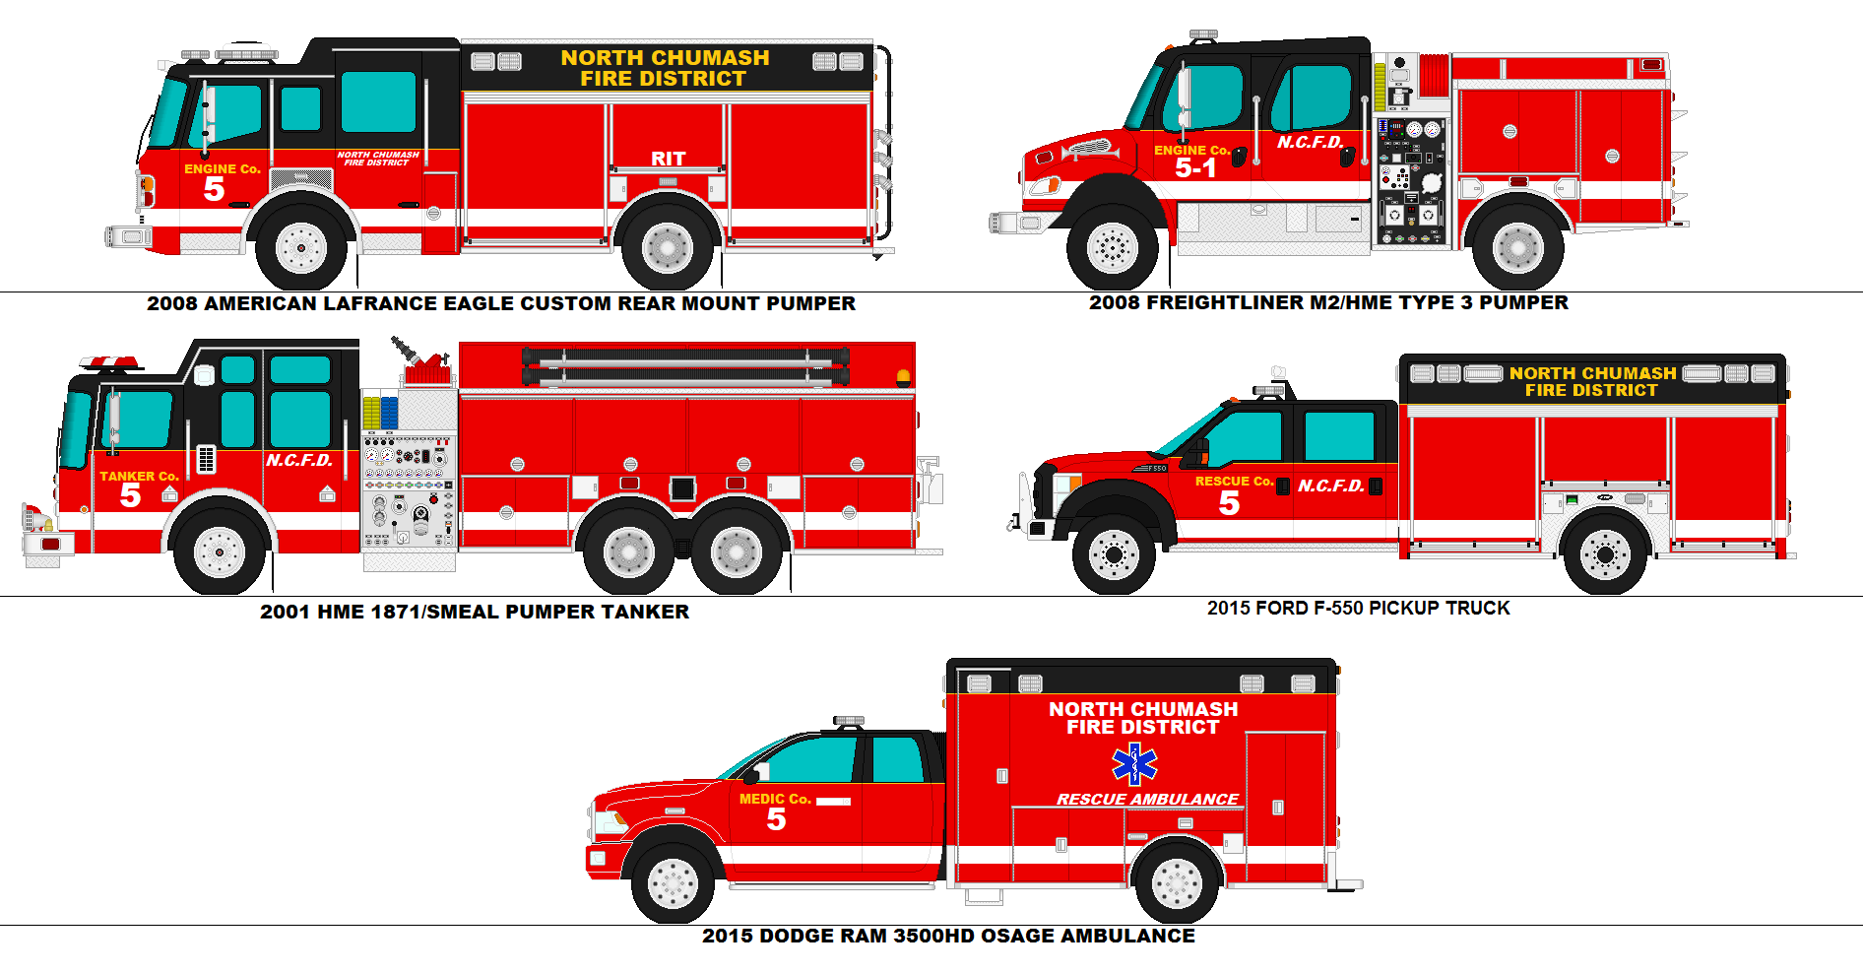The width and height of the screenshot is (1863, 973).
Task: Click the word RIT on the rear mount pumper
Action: pyautogui.click(x=668, y=159)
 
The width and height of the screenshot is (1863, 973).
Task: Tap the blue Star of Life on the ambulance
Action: pyautogui.click(x=1134, y=763)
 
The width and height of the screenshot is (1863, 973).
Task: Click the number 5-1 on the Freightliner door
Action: pyautogui.click(x=1195, y=168)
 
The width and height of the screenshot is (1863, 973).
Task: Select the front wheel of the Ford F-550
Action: pyautogui.click(x=1114, y=554)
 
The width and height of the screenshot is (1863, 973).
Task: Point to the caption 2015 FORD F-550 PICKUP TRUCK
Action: pyautogui.click(x=1358, y=609)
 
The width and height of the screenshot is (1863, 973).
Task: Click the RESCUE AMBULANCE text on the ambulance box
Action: pyautogui.click(x=1147, y=800)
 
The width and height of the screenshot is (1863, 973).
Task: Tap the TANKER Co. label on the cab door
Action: pyautogui.click(x=139, y=477)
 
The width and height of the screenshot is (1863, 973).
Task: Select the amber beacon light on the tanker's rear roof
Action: pyautogui.click(x=903, y=377)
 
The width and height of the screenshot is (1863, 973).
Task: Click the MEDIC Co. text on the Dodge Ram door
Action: pyautogui.click(x=775, y=800)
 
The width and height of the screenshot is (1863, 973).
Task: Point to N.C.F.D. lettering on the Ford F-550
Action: pyautogui.click(x=1330, y=486)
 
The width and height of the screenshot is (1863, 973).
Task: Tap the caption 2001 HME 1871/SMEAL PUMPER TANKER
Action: pyautogui.click(x=475, y=612)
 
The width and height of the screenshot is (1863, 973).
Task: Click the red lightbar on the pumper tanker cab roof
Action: pyautogui.click(x=109, y=363)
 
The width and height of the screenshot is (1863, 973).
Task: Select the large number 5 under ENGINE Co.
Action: pyautogui.click(x=214, y=189)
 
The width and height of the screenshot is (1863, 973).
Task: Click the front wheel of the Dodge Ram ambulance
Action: pyautogui.click(x=673, y=882)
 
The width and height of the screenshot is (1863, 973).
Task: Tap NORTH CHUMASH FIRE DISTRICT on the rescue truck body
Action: pyautogui.click(x=1592, y=382)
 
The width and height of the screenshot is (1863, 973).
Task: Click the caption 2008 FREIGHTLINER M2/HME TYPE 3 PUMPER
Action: pyautogui.click(x=1328, y=303)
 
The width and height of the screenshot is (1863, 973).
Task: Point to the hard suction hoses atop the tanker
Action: pyautogui.click(x=685, y=365)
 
